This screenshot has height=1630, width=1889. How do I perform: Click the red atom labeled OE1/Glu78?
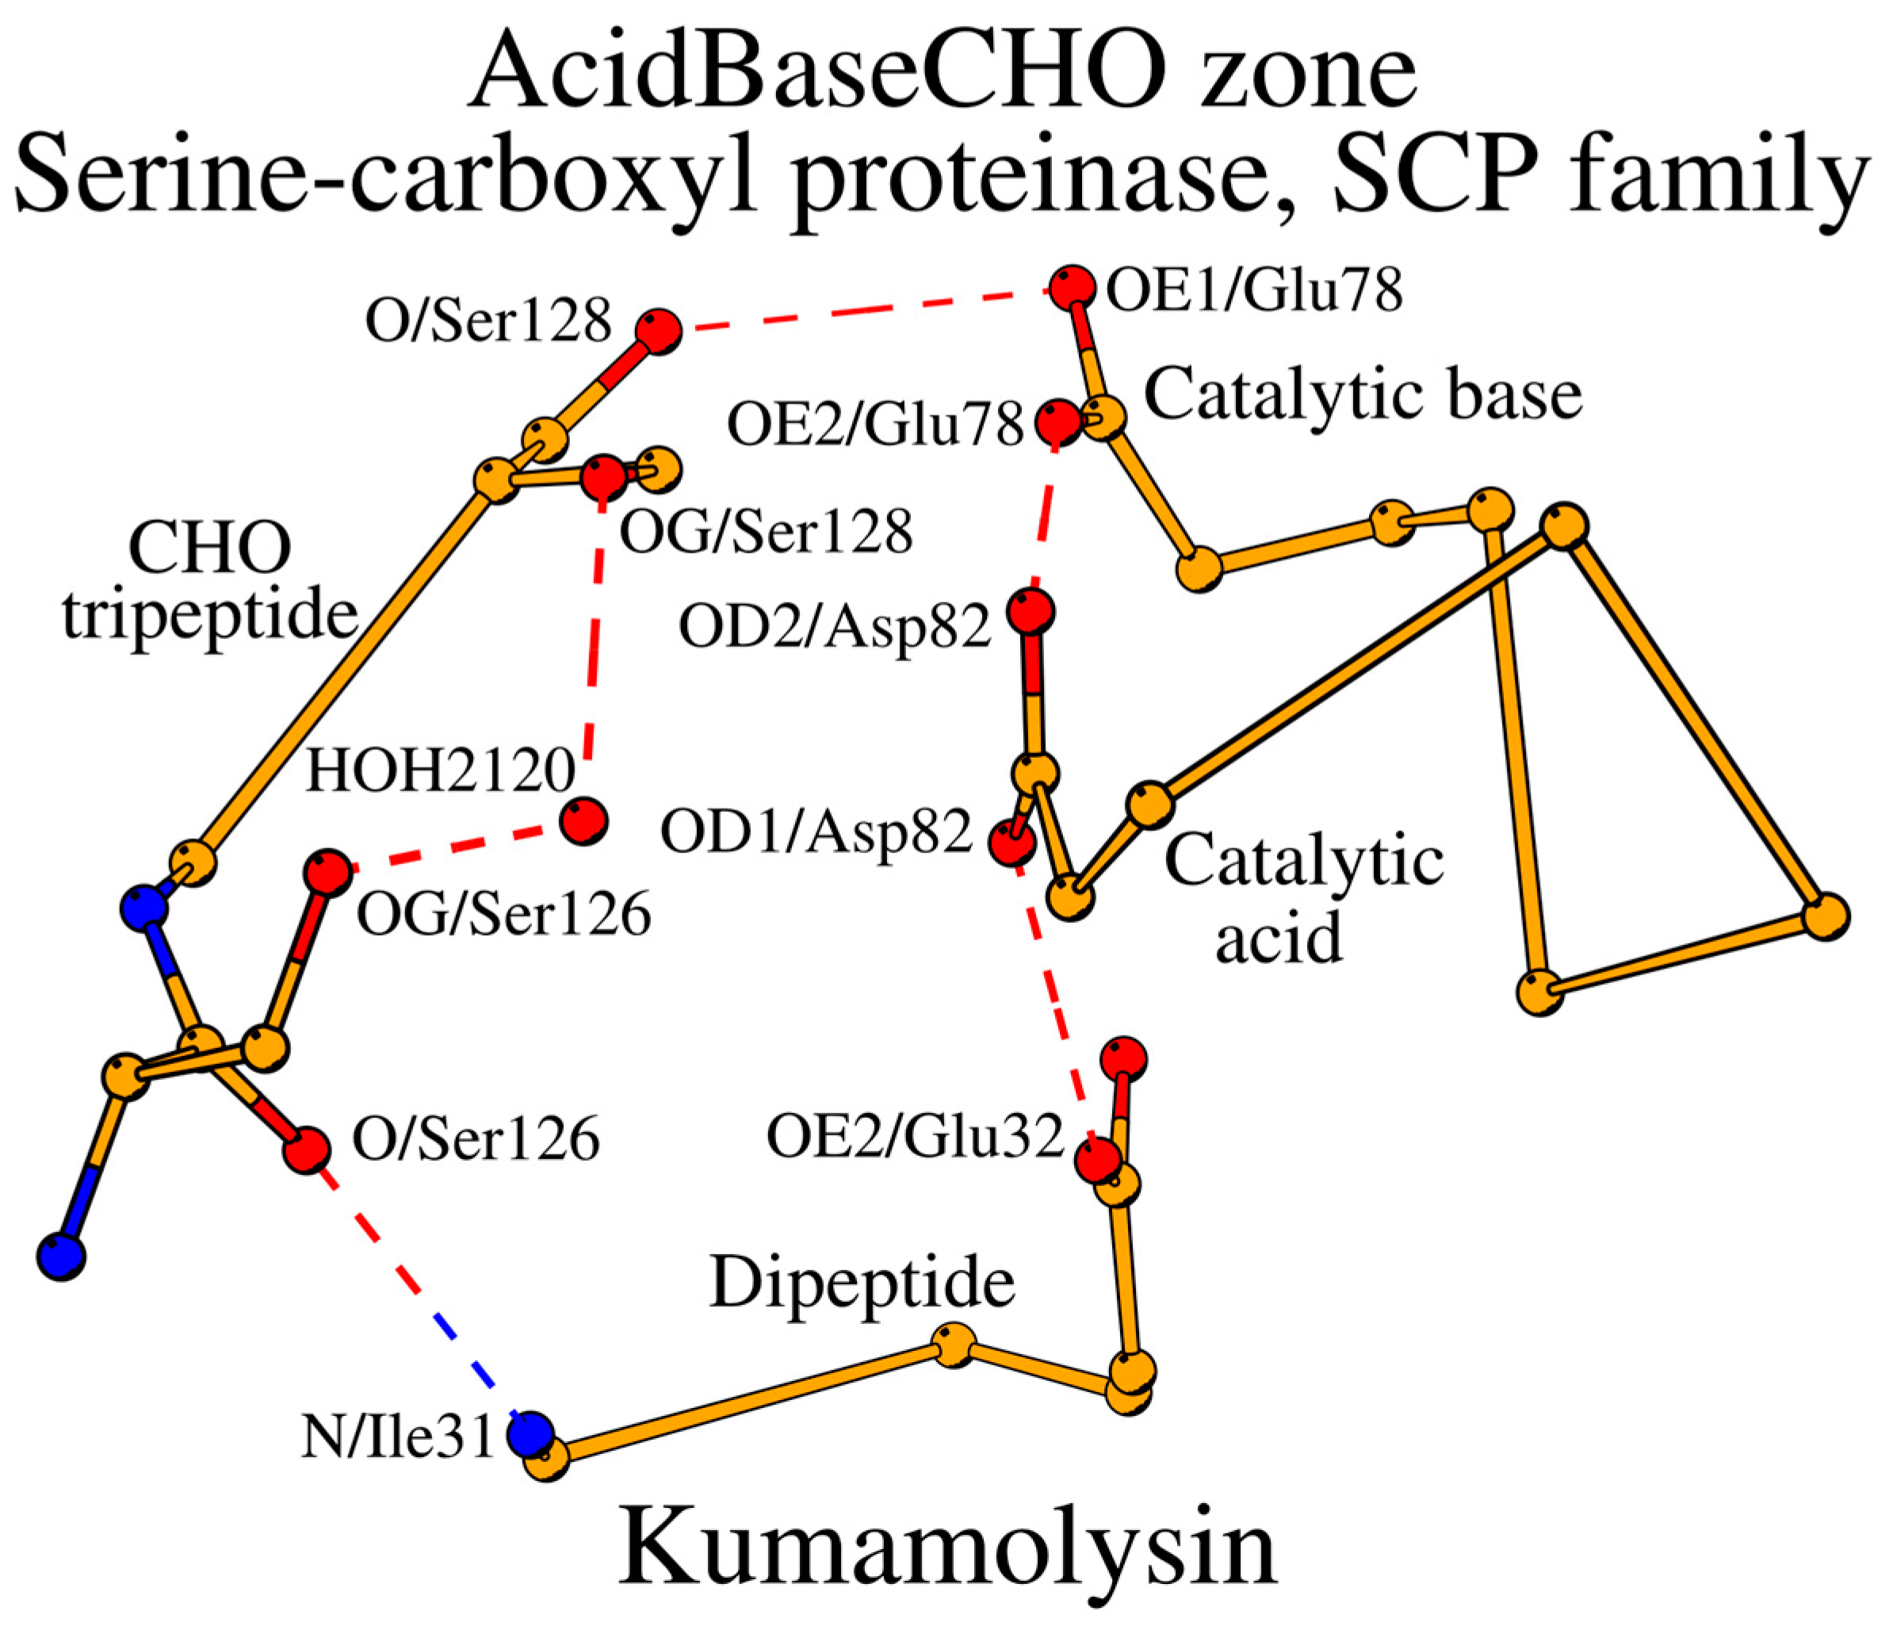pyautogui.click(x=1071, y=288)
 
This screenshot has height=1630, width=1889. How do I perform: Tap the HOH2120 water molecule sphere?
pyautogui.click(x=583, y=821)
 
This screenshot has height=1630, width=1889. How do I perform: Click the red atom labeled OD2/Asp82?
pyautogui.click(x=1031, y=610)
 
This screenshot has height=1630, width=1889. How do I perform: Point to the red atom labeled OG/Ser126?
pyautogui.click(x=327, y=872)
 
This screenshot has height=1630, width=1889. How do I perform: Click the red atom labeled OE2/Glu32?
pyautogui.click(x=1097, y=1161)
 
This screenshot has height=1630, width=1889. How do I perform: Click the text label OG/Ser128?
pyautogui.click(x=766, y=531)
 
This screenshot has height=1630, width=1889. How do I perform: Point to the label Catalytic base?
pyautogui.click(x=1363, y=395)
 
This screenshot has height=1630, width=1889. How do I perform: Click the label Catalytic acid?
pyautogui.click(x=1304, y=900)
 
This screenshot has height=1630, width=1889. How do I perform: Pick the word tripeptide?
pyautogui.click(x=210, y=615)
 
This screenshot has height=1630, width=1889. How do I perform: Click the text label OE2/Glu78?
pyautogui.click(x=875, y=425)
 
